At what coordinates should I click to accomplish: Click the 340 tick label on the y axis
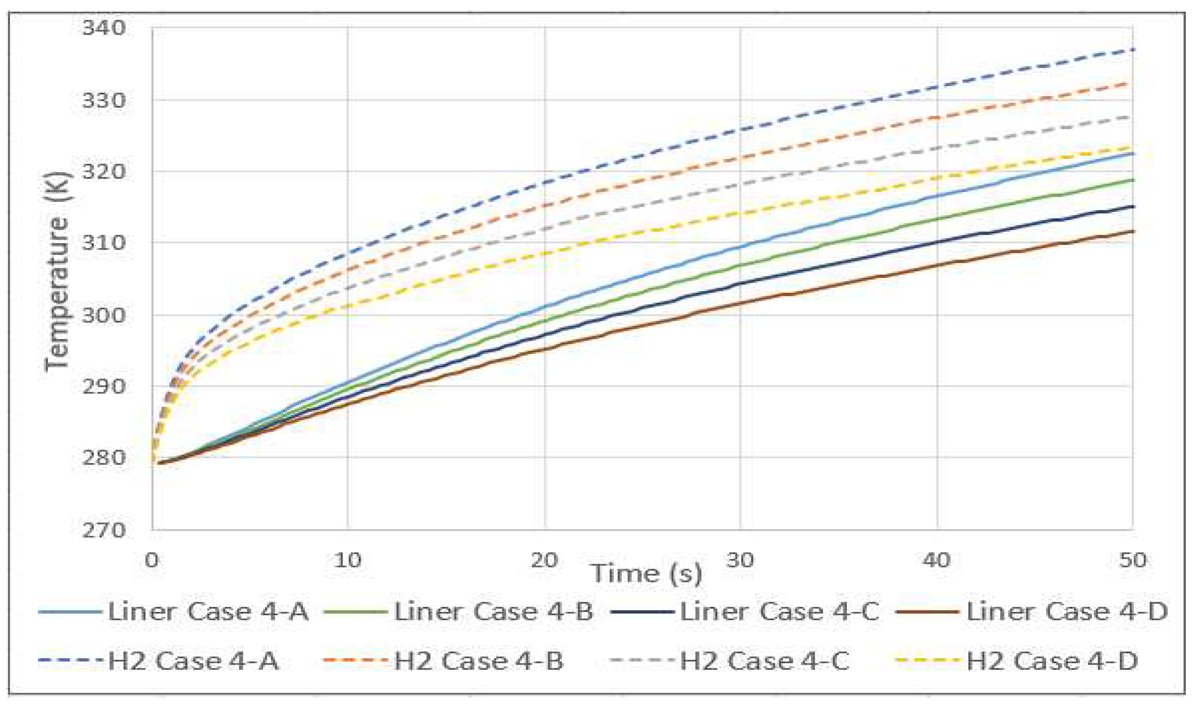pos(104,28)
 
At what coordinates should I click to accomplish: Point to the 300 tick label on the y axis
pos(104,314)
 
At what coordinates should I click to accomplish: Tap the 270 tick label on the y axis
pos(104,530)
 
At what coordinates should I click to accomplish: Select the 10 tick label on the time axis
pos(347,559)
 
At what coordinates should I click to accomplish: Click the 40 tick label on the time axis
pos(936,559)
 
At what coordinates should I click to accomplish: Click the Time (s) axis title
pos(647,574)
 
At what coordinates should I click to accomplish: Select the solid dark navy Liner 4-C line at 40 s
pos(937,243)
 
